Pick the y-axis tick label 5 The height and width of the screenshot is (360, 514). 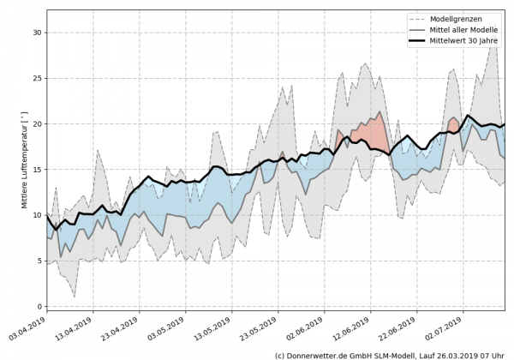(38, 261)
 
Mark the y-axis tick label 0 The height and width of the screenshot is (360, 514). (38, 306)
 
